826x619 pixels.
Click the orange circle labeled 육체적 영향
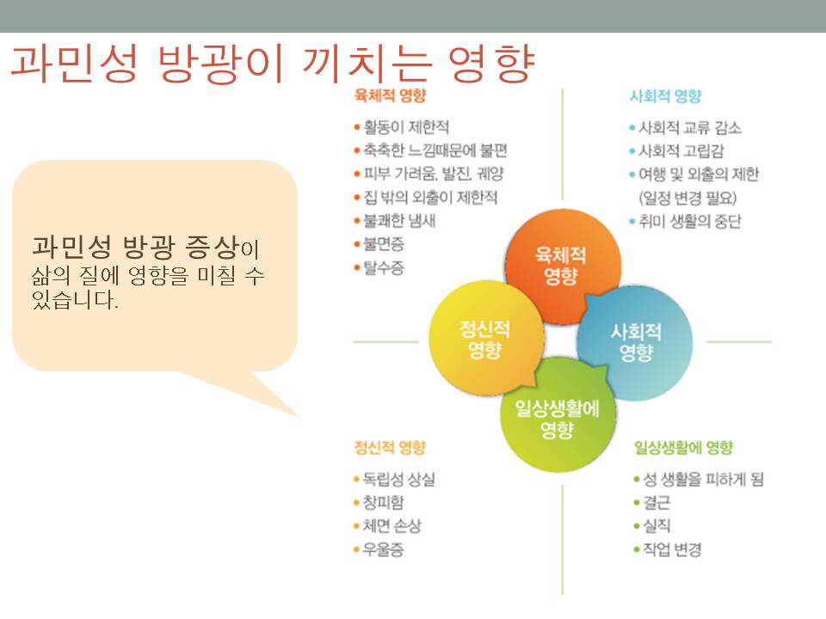[563, 266]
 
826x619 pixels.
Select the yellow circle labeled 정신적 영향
[485, 339]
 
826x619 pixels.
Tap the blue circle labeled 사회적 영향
[635, 342]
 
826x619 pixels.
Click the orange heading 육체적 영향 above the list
[390, 95]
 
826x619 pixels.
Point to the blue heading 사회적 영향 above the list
[666, 95]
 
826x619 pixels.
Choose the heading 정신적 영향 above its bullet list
[390, 447]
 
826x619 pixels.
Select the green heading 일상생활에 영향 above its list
[683, 447]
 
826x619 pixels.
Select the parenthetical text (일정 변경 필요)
[687, 198]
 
